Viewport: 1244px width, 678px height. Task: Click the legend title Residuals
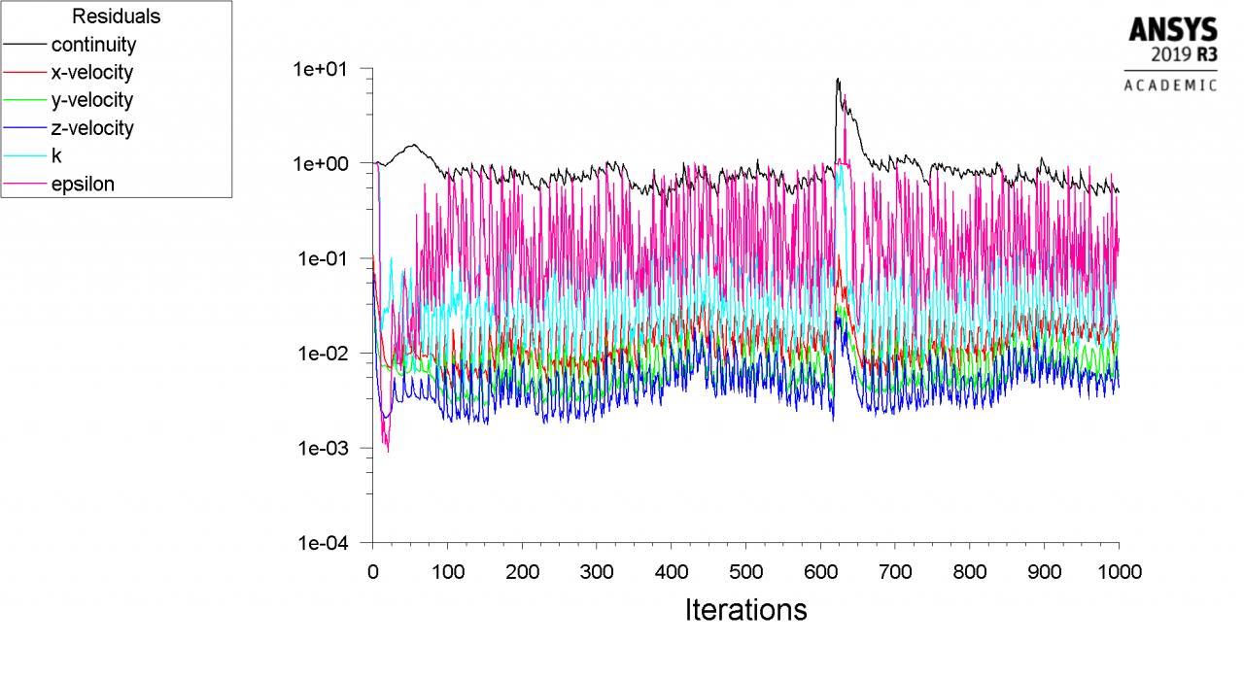click(x=116, y=17)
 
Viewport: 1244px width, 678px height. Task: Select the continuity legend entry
click(x=93, y=45)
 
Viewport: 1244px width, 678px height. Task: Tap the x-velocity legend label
click(x=92, y=73)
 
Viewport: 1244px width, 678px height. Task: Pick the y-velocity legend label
click(x=92, y=100)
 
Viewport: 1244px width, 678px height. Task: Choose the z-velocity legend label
click(x=92, y=128)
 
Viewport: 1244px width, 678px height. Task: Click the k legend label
click(x=56, y=155)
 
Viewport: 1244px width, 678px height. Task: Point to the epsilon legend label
click(x=83, y=184)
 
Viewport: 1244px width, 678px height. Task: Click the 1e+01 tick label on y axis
click(x=326, y=69)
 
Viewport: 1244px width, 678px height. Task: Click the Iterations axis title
click(x=745, y=610)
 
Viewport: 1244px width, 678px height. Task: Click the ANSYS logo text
click(x=1172, y=31)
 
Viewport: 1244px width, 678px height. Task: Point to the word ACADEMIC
click(x=1170, y=85)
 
